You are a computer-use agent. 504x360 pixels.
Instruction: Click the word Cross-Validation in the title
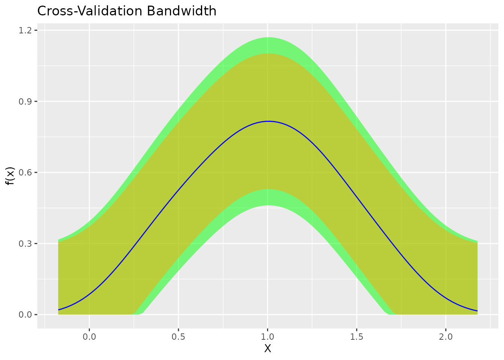click(90, 11)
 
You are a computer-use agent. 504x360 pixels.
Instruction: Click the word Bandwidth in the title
click(181, 11)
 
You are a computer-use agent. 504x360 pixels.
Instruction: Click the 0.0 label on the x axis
click(89, 336)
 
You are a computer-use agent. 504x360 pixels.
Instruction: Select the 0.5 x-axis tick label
click(178, 336)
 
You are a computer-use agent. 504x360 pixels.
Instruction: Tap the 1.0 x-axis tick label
click(267, 336)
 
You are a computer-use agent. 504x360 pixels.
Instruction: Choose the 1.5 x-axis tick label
click(356, 336)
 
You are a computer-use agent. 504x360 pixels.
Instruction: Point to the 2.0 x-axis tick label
click(445, 336)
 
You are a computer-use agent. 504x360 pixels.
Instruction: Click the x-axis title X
click(267, 349)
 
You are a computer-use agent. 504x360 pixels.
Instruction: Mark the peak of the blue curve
click(268, 121)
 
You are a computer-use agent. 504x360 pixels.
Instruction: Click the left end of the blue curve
click(59, 310)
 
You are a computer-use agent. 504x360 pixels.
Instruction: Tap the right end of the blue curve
click(477, 311)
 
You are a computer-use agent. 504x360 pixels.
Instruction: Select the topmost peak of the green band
click(268, 37)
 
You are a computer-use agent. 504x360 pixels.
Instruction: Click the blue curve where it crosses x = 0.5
click(178, 189)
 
